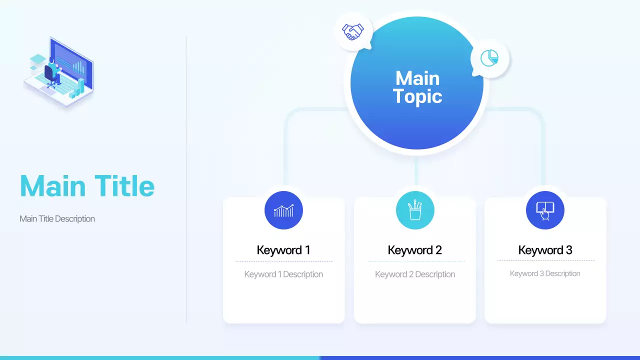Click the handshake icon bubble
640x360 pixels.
pyautogui.click(x=353, y=31)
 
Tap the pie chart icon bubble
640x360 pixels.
pyautogui.click(x=489, y=58)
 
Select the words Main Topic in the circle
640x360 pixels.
pyautogui.click(x=417, y=87)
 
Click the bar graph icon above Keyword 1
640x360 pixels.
pyautogui.click(x=283, y=210)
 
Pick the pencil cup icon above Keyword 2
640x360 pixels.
pyautogui.click(x=415, y=210)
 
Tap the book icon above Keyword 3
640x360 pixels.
pyautogui.click(x=545, y=210)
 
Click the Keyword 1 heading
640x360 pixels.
pyautogui.click(x=283, y=250)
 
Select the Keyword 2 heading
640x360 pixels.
pyautogui.click(x=415, y=250)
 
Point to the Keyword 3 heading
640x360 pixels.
pyautogui.click(x=545, y=250)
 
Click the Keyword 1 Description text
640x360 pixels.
pyautogui.click(x=283, y=274)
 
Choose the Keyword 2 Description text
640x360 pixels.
pyautogui.click(x=415, y=274)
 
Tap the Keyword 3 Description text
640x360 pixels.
pyautogui.click(x=545, y=273)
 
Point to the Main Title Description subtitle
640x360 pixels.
pyautogui.click(x=57, y=218)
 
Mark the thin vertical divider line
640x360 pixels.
pyautogui.click(x=186, y=180)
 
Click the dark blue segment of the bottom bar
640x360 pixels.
pyautogui.click(x=480, y=357)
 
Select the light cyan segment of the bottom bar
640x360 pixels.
pyautogui.click(x=160, y=357)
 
